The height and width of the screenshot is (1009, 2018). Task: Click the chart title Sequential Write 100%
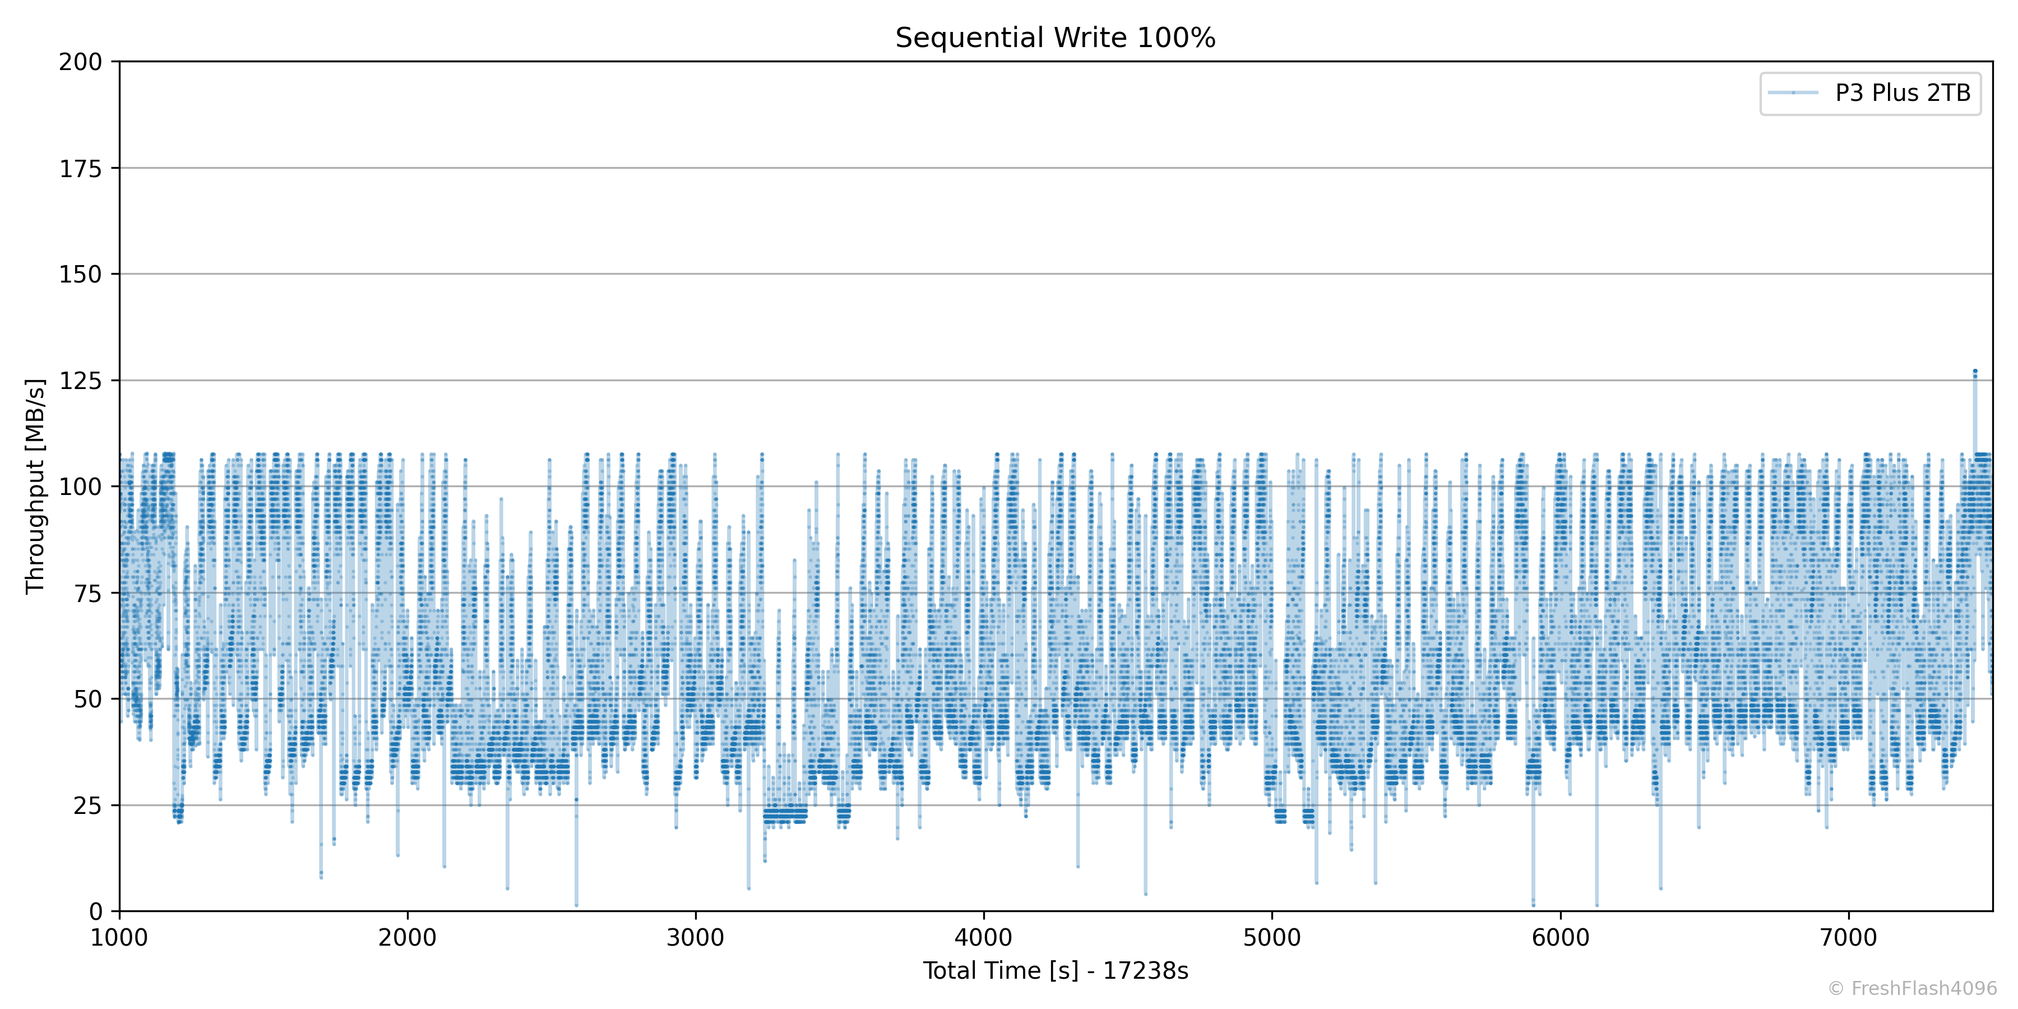point(1054,38)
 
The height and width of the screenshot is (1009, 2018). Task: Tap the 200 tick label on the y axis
point(80,62)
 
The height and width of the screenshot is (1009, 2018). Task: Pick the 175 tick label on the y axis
point(80,168)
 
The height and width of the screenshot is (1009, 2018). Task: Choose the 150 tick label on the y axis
point(80,274)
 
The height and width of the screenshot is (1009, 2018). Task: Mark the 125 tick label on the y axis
point(80,381)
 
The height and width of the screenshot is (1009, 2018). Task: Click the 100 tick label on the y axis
point(80,487)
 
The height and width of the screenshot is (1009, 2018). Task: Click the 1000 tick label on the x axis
point(119,938)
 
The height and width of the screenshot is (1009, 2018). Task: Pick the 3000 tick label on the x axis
point(696,938)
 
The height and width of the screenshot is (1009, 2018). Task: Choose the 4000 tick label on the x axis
point(984,938)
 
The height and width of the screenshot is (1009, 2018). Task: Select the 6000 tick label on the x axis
point(1561,938)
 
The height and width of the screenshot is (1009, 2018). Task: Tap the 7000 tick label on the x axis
point(1849,938)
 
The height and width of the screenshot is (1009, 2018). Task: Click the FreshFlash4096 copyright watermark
point(1912,989)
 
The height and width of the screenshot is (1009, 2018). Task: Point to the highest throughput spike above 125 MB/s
point(1975,371)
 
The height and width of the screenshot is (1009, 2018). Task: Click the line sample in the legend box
point(1793,93)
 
